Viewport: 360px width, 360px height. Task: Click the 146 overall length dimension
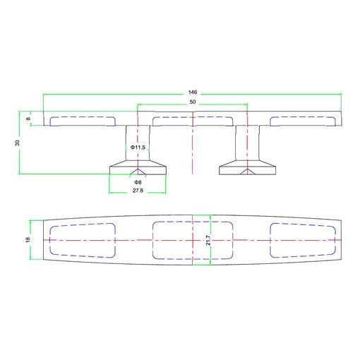pyautogui.click(x=193, y=92)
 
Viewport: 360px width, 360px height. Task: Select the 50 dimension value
pyautogui.click(x=193, y=102)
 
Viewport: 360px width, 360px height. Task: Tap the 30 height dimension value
pyautogui.click(x=18, y=143)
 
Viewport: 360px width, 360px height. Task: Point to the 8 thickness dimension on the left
pyautogui.click(x=28, y=119)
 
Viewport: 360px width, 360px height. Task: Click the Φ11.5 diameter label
pyautogui.click(x=138, y=148)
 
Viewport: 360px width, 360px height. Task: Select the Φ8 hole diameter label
pyautogui.click(x=138, y=182)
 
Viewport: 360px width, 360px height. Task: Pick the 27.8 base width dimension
pyautogui.click(x=138, y=191)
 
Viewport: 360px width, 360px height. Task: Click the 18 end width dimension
pyautogui.click(x=28, y=240)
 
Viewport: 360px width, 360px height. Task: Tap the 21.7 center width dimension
pyautogui.click(x=208, y=240)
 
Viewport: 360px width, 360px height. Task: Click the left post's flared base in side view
pyautogui.click(x=138, y=167)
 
